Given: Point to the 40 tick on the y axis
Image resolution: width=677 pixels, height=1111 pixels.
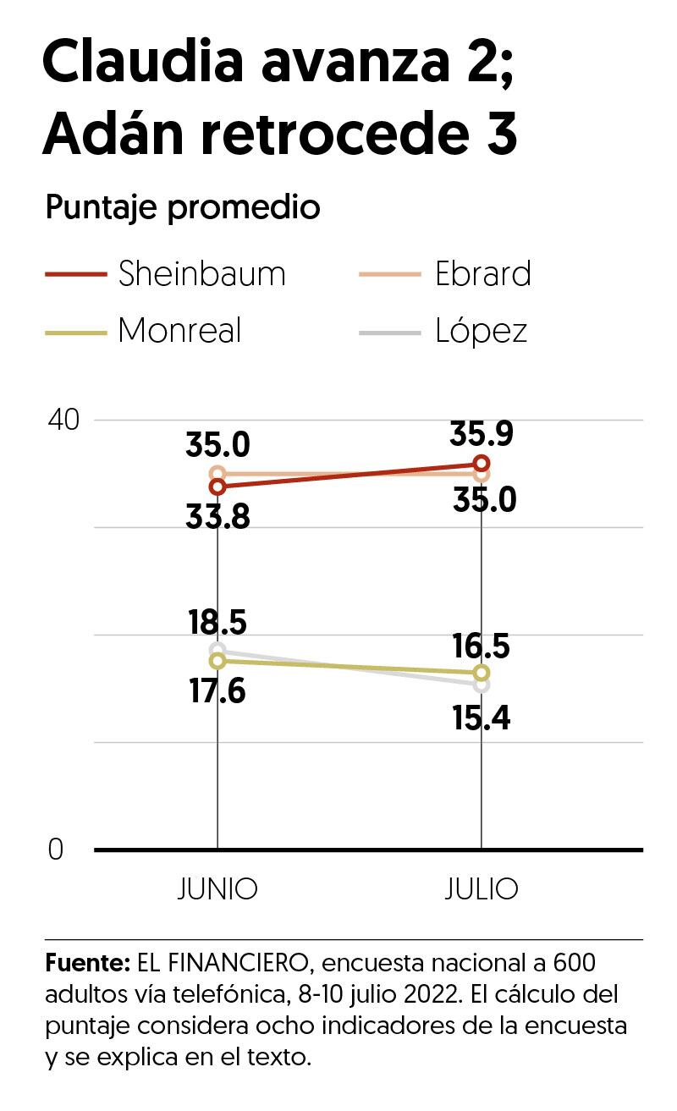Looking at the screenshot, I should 60,420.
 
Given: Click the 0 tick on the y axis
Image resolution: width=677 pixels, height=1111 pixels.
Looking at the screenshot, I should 56,850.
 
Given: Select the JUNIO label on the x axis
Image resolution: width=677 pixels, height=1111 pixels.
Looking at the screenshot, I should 217,889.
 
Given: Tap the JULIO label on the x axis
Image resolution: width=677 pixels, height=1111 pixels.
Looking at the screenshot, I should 481,889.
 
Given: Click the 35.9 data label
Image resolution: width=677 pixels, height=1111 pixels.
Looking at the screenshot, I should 481,434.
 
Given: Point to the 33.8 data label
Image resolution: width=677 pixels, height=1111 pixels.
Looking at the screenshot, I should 217,516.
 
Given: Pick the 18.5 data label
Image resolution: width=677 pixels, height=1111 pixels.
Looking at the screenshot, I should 217,622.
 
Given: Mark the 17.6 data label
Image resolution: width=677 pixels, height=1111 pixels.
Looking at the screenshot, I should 217,691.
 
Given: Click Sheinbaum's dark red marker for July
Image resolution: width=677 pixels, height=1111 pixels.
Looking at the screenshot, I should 482,463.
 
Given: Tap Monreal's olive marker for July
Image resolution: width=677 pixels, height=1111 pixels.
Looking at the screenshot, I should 482,673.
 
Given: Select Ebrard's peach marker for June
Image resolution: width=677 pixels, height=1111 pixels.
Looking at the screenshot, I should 217,474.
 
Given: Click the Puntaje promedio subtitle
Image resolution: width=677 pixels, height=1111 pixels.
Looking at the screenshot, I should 183,207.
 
